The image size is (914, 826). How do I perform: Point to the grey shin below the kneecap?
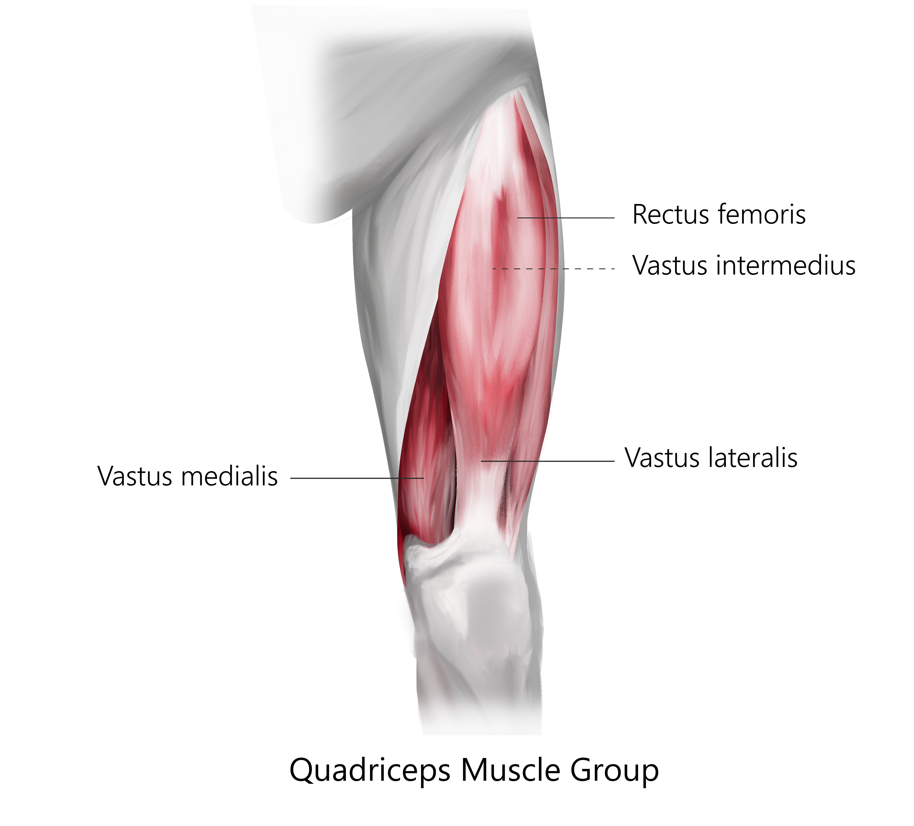pyautogui.click(x=481, y=681)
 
